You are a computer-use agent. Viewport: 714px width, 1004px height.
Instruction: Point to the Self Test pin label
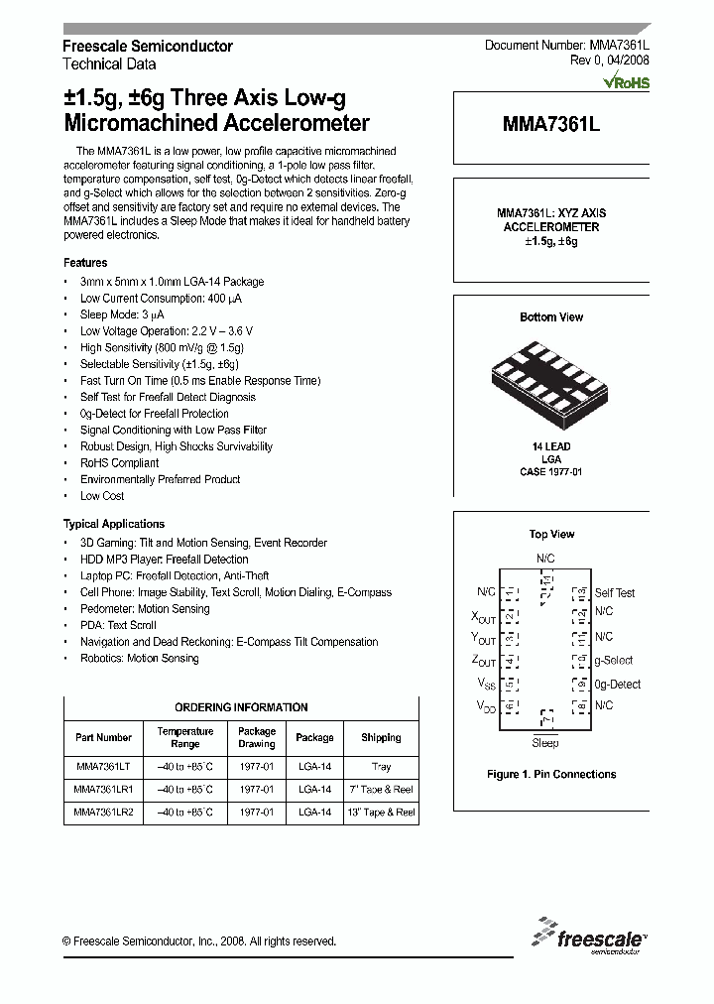[x=615, y=593]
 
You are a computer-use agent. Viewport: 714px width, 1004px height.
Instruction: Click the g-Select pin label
[x=613, y=661]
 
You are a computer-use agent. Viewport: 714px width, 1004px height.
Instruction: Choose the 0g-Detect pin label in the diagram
[x=617, y=685]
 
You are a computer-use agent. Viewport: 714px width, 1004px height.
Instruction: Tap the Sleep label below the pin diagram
[x=544, y=743]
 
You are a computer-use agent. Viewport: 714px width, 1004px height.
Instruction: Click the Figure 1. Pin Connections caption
[x=551, y=775]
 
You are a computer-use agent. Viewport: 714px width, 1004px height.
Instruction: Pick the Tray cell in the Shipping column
[x=381, y=766]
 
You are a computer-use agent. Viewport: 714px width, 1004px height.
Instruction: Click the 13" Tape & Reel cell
[x=381, y=812]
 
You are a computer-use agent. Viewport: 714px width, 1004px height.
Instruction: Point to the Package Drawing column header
[x=256, y=737]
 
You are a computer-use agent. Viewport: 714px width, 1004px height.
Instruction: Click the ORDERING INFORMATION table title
[x=241, y=707]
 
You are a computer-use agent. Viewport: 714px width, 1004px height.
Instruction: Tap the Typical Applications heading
[x=114, y=524]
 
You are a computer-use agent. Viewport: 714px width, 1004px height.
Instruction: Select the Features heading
[x=85, y=263]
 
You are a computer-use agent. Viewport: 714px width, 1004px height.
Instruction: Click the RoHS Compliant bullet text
[x=119, y=463]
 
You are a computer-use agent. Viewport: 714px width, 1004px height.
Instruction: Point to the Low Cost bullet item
[x=102, y=496]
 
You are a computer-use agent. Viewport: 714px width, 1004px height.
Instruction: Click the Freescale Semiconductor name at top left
[x=148, y=47]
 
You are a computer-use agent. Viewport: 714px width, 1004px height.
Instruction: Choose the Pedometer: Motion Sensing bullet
[x=145, y=609]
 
